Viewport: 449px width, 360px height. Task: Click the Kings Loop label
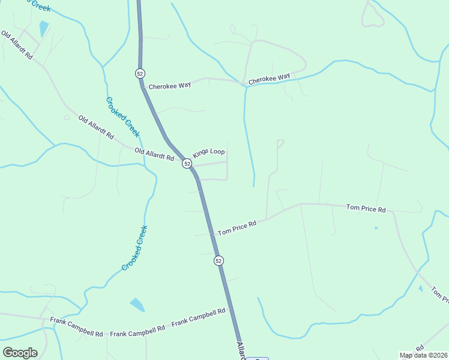(208, 152)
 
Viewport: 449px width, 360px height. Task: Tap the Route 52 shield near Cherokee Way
(139, 73)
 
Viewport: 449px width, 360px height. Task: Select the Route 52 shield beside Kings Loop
(187, 164)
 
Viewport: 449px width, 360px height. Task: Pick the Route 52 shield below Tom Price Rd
(218, 260)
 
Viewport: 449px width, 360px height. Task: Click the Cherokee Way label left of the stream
(170, 85)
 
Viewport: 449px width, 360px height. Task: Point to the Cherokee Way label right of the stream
(269, 79)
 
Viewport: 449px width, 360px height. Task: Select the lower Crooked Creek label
(134, 248)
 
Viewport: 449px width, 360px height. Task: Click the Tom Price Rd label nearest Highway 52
(237, 227)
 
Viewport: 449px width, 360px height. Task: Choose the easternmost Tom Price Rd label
(366, 208)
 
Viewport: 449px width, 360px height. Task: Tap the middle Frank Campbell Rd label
(137, 330)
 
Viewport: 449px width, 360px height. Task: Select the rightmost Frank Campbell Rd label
(198, 317)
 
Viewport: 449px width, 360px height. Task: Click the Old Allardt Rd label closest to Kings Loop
(154, 154)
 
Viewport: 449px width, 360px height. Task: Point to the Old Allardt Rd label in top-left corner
(17, 46)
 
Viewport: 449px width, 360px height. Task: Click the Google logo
(20, 353)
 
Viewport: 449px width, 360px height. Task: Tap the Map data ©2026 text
(423, 355)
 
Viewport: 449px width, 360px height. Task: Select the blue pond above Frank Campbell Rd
(137, 304)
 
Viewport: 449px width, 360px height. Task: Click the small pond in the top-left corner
(44, 29)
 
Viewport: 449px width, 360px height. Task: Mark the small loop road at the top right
(372, 16)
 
